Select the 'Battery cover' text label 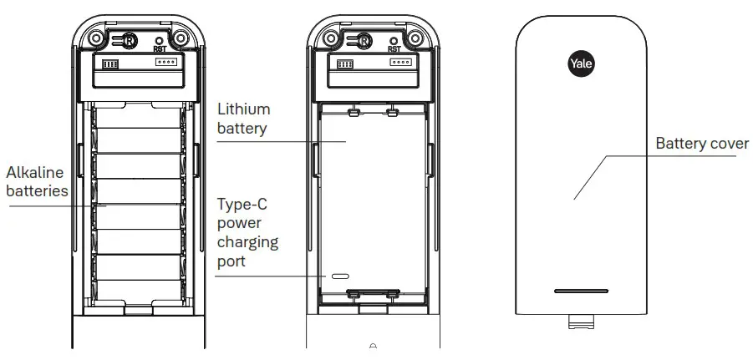[701, 144]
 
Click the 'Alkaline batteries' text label [35, 181]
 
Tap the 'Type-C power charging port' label [247, 232]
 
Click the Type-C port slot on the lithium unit [340, 275]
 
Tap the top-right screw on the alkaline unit [180, 38]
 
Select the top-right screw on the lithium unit [413, 38]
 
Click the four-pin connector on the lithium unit [401, 63]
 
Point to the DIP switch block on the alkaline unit [110, 63]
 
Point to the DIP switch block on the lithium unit [344, 63]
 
